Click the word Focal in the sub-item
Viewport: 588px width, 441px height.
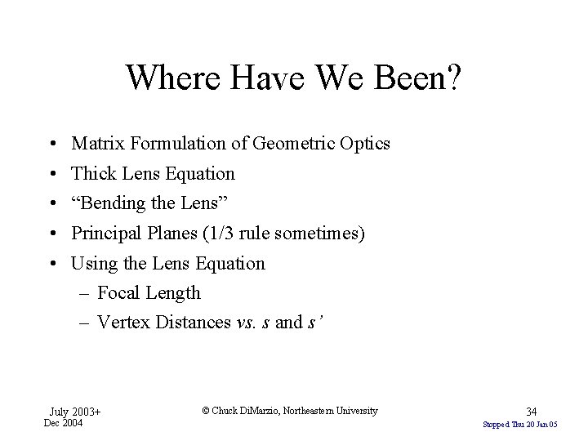click(x=118, y=292)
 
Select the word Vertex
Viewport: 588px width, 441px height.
click(x=121, y=323)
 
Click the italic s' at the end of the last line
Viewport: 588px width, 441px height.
click(x=314, y=323)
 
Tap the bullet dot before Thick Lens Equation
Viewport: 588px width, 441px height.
click(x=51, y=174)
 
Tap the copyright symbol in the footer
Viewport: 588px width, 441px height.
click(x=204, y=411)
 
